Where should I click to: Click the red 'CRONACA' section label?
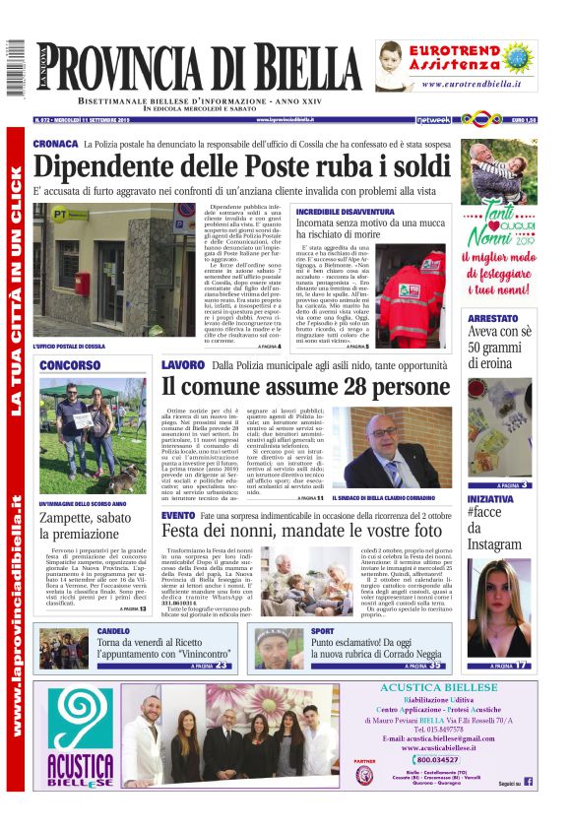(x=55, y=144)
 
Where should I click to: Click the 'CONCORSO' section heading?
(x=70, y=365)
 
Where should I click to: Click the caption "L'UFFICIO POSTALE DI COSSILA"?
(x=68, y=347)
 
